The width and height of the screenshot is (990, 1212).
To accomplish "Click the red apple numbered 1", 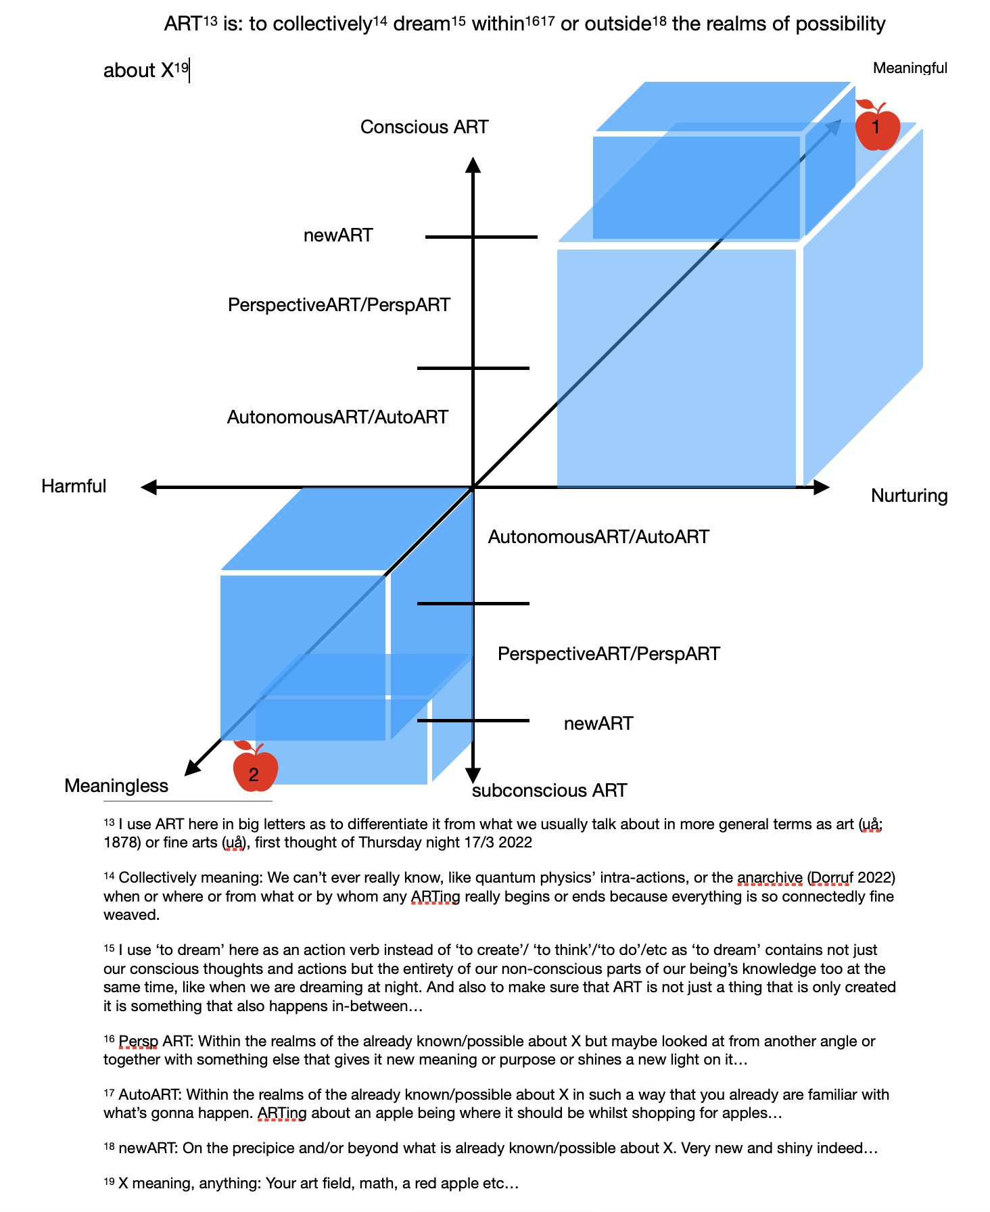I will click(877, 126).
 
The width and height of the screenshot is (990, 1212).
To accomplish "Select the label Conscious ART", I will click(424, 127).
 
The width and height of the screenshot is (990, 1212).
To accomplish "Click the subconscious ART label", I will click(549, 791).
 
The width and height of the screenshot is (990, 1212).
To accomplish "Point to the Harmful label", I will click(74, 486).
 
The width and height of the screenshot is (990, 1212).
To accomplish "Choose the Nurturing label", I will click(909, 496).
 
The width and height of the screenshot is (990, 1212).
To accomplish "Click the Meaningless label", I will click(116, 786).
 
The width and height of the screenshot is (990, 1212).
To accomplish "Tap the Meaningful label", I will click(910, 68).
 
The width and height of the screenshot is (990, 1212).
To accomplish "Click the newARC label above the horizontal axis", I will click(338, 235).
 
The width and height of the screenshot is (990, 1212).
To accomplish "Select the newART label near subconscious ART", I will click(598, 724).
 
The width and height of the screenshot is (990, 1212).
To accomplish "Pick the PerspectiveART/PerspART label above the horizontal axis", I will click(339, 305).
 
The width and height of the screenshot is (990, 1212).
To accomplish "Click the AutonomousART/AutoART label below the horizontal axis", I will click(598, 537).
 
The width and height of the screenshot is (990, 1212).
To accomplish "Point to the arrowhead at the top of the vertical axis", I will click(473, 164).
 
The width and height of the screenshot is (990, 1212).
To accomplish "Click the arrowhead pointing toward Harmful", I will click(149, 487).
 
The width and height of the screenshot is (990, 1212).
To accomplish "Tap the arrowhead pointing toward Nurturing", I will click(821, 487).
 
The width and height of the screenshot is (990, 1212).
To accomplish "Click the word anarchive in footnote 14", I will click(770, 878).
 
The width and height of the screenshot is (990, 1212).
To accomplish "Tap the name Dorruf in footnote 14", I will click(831, 878).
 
